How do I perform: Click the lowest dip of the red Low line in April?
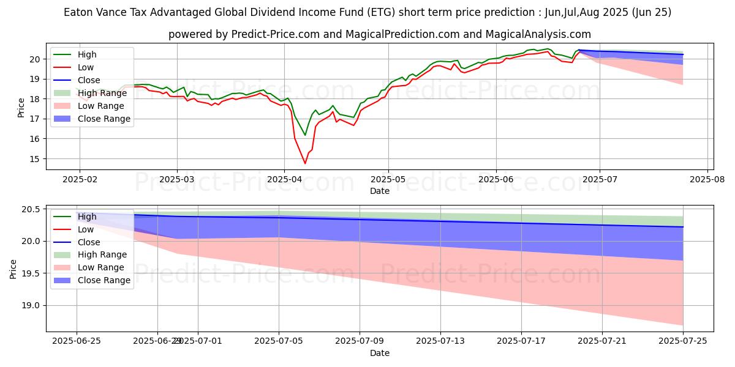(305, 163)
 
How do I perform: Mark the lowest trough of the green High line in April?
(305, 135)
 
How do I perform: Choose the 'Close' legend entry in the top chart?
(89, 80)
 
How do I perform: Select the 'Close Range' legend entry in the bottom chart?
(104, 280)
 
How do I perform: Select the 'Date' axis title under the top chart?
(379, 191)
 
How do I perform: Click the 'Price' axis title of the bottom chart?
(13, 269)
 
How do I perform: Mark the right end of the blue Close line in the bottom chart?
(683, 227)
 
